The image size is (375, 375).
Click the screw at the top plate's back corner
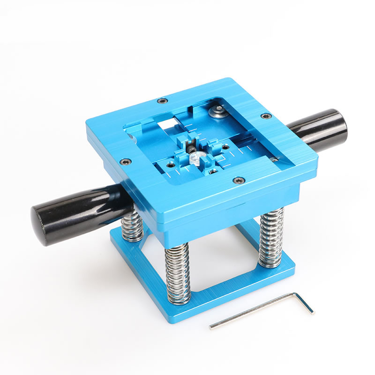[x=162, y=100]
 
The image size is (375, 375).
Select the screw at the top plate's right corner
[x=266, y=116]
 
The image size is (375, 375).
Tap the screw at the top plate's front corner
[x=239, y=180]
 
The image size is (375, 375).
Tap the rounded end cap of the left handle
[x=40, y=225]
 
